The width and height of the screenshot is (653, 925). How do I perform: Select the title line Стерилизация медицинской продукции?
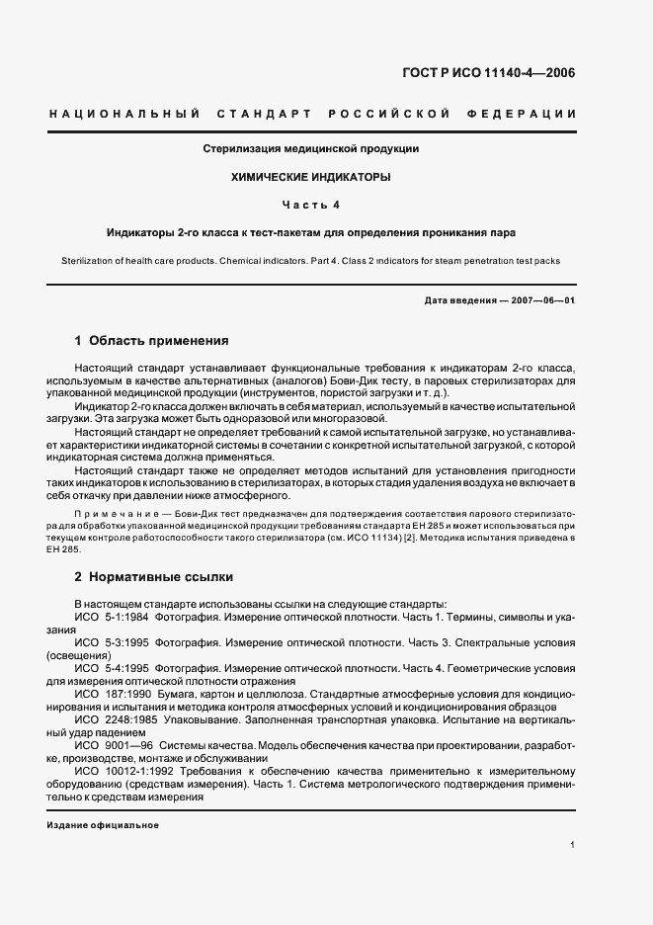[x=311, y=149]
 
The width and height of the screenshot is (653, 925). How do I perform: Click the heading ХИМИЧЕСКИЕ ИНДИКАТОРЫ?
[x=311, y=177]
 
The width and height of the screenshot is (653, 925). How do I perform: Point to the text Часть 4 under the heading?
[x=311, y=205]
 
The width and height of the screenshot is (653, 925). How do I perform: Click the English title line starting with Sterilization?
[x=311, y=261]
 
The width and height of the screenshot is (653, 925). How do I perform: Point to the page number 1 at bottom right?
[x=573, y=845]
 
